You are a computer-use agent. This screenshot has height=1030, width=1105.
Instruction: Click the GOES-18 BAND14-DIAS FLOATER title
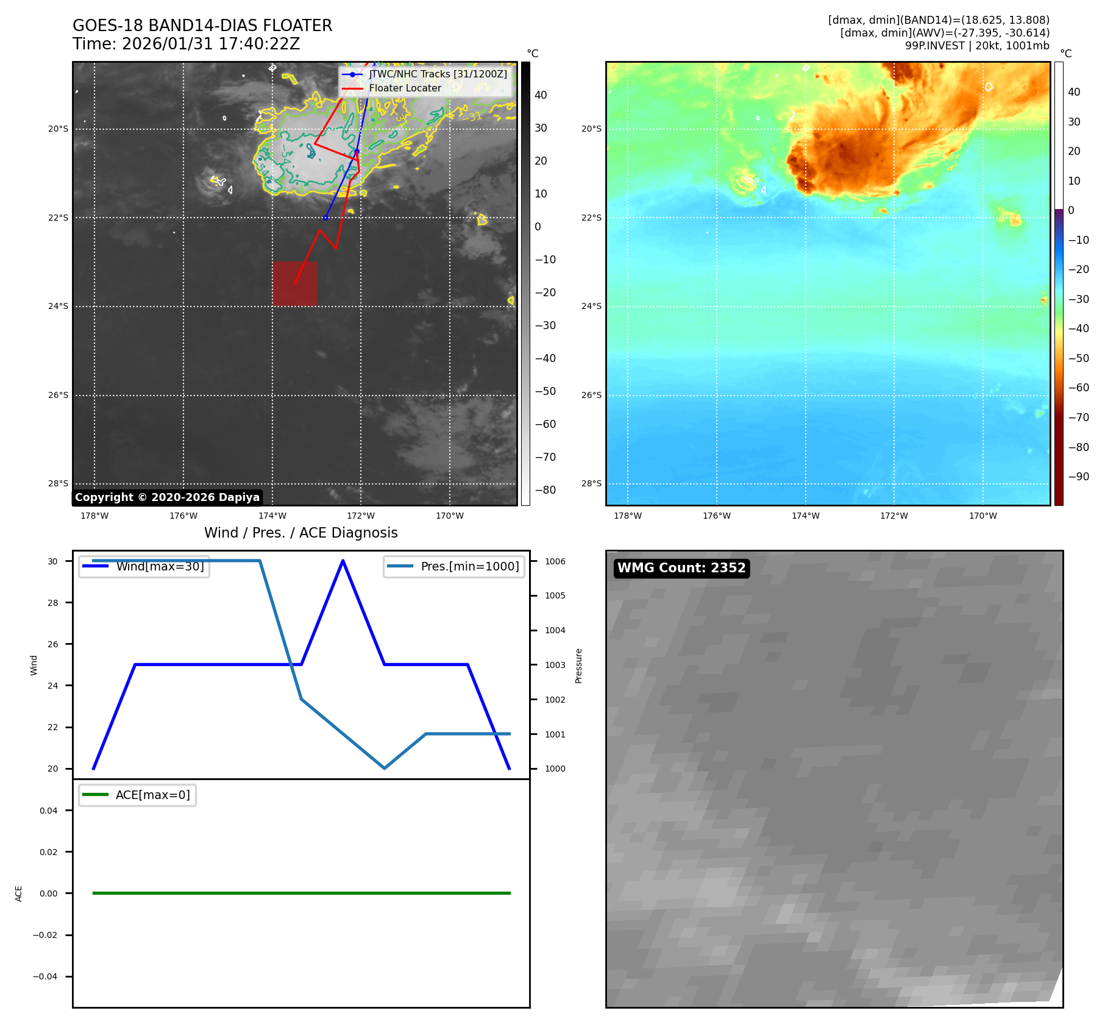click(x=202, y=26)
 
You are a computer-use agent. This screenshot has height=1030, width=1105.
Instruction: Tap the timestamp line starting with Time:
click(x=186, y=44)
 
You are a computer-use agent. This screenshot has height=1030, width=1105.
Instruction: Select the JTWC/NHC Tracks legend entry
click(x=438, y=74)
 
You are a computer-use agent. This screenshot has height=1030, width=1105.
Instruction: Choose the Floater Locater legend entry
click(x=405, y=88)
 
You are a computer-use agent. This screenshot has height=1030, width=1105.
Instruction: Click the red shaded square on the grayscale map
click(x=294, y=283)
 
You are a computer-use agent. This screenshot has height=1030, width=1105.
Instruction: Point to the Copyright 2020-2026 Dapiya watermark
click(x=167, y=497)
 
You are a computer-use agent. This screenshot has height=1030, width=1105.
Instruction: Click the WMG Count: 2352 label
click(x=681, y=568)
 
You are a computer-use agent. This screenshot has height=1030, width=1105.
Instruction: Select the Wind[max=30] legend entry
click(x=160, y=566)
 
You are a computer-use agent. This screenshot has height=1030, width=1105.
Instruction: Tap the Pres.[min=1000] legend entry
click(x=469, y=566)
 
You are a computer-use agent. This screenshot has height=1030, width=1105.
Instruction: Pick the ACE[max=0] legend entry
click(x=152, y=795)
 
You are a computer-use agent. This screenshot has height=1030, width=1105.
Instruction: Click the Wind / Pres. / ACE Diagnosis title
click(x=300, y=533)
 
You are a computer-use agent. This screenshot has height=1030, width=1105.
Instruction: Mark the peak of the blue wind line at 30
click(x=343, y=561)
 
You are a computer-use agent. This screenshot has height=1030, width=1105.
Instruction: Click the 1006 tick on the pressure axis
click(x=555, y=561)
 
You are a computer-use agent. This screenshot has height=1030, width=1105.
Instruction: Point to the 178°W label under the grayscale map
click(x=94, y=516)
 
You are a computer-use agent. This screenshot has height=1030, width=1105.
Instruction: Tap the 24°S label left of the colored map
click(x=591, y=306)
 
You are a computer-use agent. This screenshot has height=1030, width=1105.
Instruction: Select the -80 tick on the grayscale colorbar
click(x=545, y=490)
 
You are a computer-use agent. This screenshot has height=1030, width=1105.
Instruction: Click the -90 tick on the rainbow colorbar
click(x=1078, y=477)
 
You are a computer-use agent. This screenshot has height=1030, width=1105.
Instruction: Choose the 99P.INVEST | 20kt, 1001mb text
click(x=977, y=46)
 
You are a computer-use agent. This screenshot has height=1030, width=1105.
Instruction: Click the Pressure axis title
click(x=578, y=666)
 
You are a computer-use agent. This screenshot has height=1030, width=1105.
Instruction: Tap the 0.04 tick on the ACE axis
click(x=49, y=811)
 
